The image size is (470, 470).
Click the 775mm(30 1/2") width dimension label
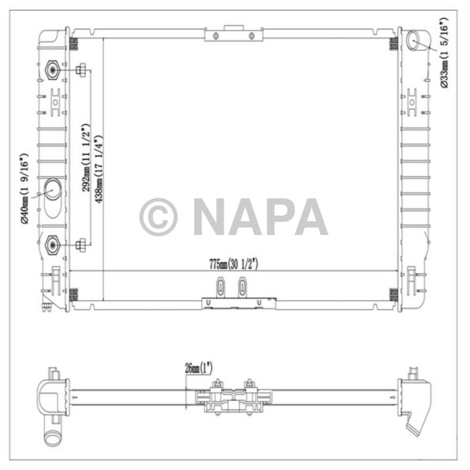pyautogui.click(x=233, y=263)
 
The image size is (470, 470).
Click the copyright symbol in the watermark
pyautogui.click(x=158, y=217)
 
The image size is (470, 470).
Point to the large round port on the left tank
pyautogui.click(x=52, y=191)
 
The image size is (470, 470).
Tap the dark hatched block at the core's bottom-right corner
pyautogui.click(x=394, y=294)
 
